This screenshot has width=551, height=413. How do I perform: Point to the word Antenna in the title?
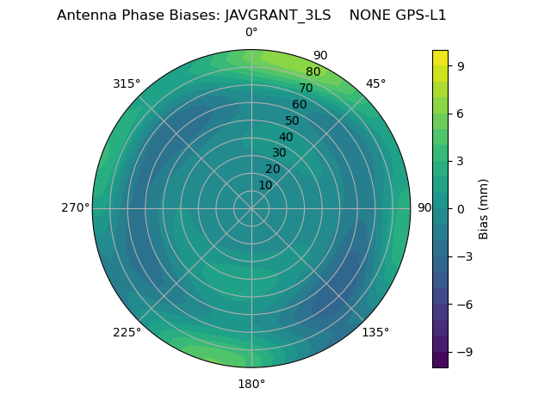pos(84,15)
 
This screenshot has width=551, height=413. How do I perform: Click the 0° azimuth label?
pos(251,33)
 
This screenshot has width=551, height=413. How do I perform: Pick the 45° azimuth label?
pos(375,83)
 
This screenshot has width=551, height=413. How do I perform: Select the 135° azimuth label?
pos(375,332)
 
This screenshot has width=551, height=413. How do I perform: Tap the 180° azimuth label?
pos(251,384)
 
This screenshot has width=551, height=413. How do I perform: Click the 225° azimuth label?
pos(127,332)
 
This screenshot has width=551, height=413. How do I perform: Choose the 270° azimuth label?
pos(75,208)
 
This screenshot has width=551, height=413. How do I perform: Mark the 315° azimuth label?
pos(127,83)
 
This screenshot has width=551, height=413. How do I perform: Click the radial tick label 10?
pos(265,185)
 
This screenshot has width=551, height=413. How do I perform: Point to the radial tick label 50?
pos(293,120)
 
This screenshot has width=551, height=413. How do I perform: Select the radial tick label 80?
pos(313,72)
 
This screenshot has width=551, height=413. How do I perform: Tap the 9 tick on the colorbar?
pos(461,65)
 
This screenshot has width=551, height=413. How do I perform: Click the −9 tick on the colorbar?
pos(464,352)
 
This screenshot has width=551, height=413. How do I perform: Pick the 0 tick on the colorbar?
pos(461,208)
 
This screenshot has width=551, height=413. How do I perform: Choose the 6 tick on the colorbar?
pos(461,113)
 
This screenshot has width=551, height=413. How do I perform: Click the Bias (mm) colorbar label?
pos(484,208)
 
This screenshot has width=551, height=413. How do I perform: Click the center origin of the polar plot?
pos(251,208)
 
